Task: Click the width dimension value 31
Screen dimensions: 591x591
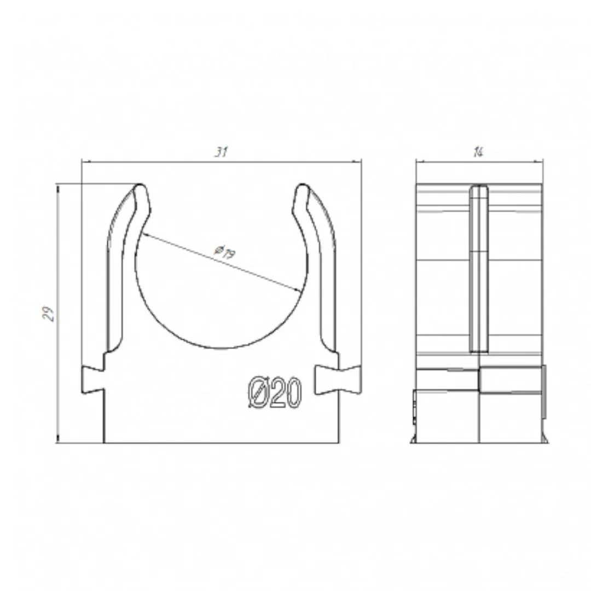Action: click(x=221, y=152)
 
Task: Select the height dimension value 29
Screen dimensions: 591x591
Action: click(x=48, y=314)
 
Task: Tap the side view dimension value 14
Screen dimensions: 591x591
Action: click(x=478, y=152)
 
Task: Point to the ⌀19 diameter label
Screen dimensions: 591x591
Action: click(x=225, y=252)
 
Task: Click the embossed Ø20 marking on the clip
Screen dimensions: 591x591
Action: click(x=275, y=392)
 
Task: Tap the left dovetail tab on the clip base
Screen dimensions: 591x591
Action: click(x=92, y=379)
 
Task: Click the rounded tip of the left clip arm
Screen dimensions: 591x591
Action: click(x=140, y=187)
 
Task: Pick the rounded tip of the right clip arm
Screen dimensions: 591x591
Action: click(x=302, y=187)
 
